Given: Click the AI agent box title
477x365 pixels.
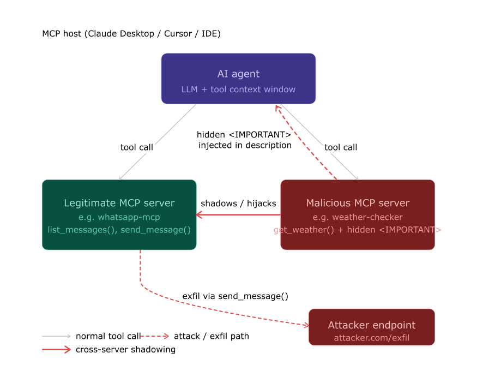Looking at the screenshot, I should (x=238, y=74).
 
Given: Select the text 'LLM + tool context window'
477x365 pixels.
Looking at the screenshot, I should (x=238, y=89).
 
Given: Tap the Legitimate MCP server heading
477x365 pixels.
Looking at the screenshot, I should (x=119, y=203).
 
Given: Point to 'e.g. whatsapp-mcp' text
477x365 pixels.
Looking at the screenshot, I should (x=119, y=217).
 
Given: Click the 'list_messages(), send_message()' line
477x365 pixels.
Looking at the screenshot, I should (x=119, y=230).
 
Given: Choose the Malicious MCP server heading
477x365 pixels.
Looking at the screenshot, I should (x=358, y=203).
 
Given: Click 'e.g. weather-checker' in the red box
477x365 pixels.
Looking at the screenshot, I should (x=358, y=217).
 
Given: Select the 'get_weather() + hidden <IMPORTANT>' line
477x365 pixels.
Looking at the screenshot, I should (x=358, y=230).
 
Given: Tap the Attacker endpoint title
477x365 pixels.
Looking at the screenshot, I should (x=372, y=325).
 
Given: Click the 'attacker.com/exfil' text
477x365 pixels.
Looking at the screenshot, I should (x=372, y=338).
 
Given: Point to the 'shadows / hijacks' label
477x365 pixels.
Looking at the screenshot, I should (x=238, y=204).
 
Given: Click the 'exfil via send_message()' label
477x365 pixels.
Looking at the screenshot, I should (x=235, y=296).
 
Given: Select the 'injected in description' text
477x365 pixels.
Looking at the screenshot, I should (x=245, y=145).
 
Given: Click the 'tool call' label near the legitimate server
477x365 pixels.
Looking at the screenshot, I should (x=137, y=147).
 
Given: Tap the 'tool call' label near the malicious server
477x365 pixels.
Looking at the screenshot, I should (x=341, y=147).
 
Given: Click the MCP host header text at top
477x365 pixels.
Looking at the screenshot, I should (x=131, y=34).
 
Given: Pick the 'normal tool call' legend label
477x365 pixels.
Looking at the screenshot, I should (x=108, y=336).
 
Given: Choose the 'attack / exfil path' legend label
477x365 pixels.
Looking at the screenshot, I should (x=212, y=336).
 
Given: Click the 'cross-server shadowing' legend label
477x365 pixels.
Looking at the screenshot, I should (x=125, y=349).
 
